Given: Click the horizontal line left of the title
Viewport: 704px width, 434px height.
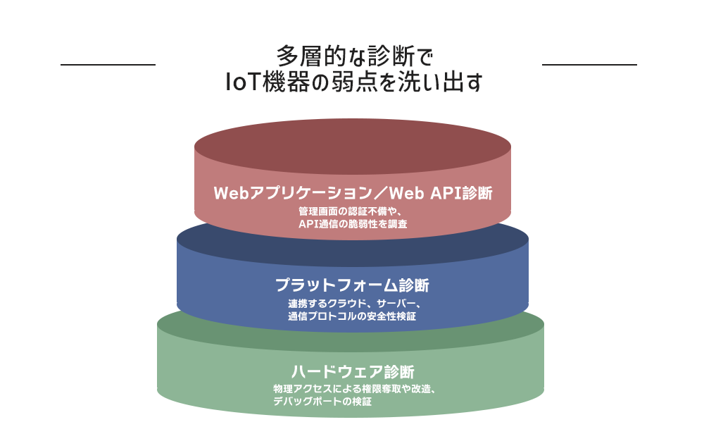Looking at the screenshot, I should (x=108, y=65).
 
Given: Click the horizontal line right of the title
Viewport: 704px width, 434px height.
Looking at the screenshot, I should (x=589, y=65).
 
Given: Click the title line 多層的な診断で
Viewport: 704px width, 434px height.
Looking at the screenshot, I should (x=352, y=56).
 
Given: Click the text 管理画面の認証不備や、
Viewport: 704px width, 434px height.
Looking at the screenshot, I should (x=352, y=211).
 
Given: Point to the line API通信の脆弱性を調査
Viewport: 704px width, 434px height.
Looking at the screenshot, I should (x=352, y=224).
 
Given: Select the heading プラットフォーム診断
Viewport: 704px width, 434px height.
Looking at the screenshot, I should (x=352, y=286).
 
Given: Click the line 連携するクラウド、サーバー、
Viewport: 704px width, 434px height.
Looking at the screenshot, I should (x=352, y=304).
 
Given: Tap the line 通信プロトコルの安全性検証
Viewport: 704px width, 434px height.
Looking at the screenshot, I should (x=352, y=316).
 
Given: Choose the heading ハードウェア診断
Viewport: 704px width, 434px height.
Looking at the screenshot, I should (x=352, y=371).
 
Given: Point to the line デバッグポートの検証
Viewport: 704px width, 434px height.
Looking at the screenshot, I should (x=322, y=402).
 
